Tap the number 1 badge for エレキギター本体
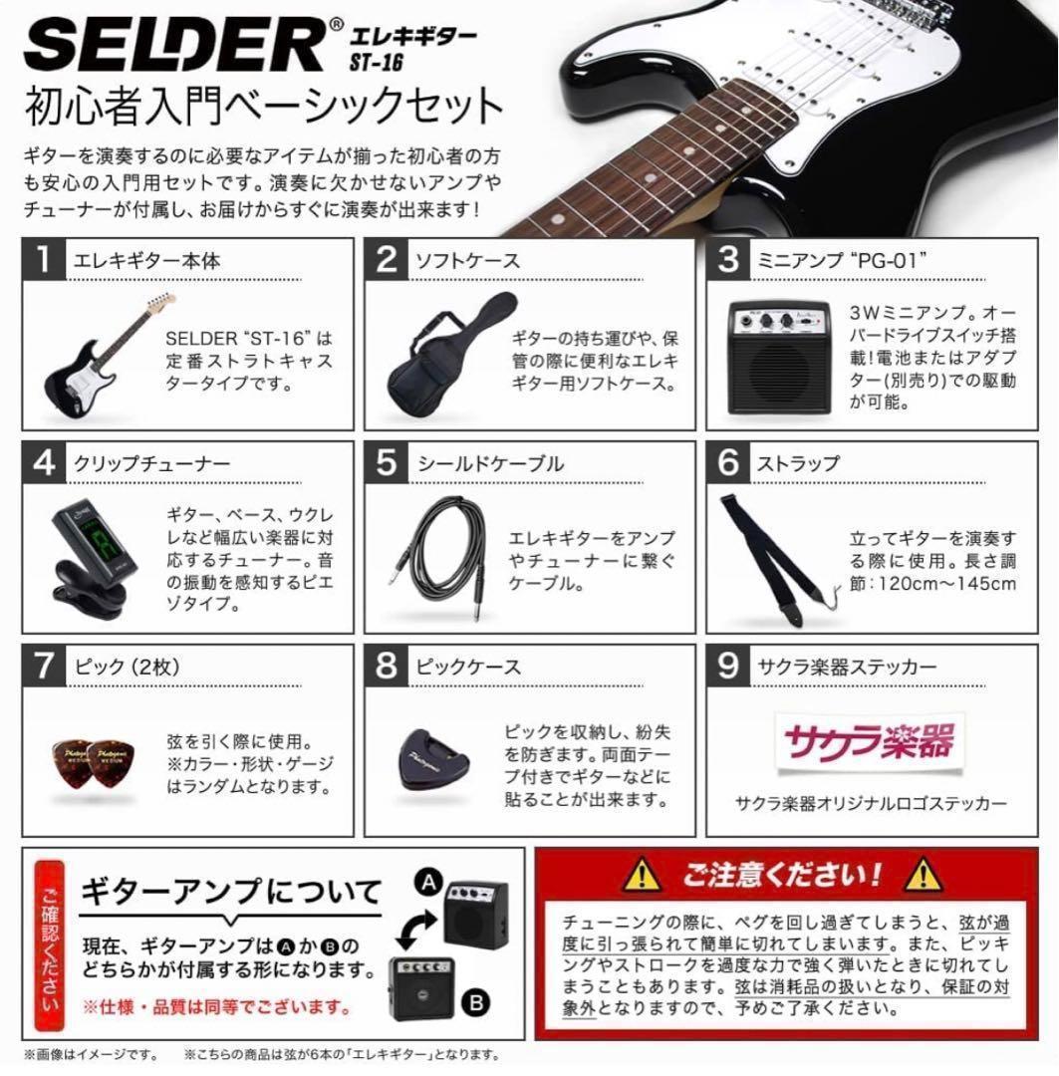(44, 261)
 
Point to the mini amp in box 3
(780, 356)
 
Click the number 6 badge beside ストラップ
(729, 464)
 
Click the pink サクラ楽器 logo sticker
(869, 741)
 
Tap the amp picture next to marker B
(420, 987)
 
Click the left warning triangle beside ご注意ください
(643, 876)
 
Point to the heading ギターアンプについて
(231, 890)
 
